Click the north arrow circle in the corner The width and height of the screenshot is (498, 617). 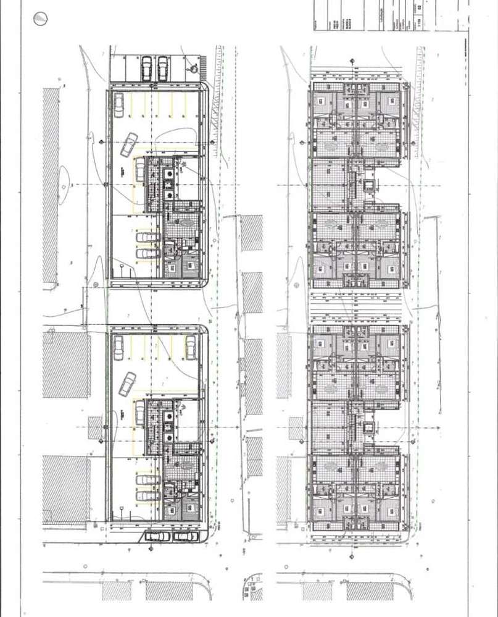(39, 19)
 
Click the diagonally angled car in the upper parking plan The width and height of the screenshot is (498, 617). (130, 145)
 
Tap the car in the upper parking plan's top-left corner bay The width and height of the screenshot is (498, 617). (118, 104)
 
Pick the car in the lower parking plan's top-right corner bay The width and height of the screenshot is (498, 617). (191, 347)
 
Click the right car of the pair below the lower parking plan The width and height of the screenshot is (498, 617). (185, 536)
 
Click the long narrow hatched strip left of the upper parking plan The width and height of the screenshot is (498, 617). (51, 185)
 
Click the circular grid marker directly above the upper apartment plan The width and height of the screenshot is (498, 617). (352, 61)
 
